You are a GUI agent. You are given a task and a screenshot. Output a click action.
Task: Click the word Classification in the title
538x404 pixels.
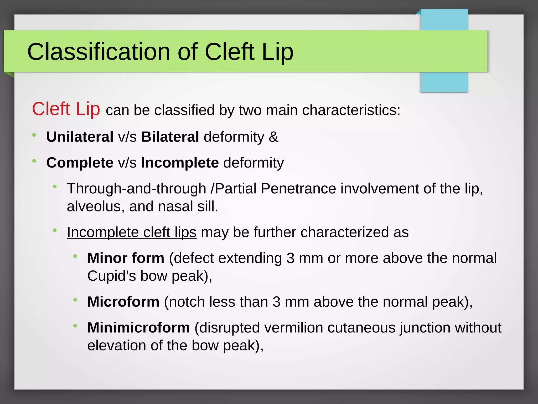tap(99, 52)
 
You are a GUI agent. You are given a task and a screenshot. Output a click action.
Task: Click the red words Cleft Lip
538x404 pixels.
tap(66, 109)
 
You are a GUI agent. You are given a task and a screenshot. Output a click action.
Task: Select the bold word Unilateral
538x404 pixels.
tap(80, 137)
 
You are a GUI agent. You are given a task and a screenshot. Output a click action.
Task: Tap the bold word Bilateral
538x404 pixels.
tap(170, 137)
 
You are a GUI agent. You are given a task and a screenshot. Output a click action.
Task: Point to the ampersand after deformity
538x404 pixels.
tap(273, 137)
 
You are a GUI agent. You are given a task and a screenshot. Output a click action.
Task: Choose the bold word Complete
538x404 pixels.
tap(80, 163)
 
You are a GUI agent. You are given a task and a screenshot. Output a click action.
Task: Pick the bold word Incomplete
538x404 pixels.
tap(180, 163)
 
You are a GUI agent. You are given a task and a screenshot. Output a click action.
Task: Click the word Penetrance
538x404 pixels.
tap(298, 189)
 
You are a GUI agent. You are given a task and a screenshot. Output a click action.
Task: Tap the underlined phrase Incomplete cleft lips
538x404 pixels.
tap(132, 232)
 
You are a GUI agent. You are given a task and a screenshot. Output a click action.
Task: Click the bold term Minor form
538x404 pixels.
tap(126, 258)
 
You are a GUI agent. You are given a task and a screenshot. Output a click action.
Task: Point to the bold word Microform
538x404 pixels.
tap(123, 302)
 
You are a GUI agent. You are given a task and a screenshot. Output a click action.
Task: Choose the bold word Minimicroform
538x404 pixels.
tap(138, 328)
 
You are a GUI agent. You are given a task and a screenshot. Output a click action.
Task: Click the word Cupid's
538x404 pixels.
tap(111, 276)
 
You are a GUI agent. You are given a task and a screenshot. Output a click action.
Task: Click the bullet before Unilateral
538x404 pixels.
tap(34, 135)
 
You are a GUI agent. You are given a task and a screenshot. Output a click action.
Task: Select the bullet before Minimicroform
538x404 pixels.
tap(75, 326)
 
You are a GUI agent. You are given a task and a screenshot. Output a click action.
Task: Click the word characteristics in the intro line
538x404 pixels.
tap(351, 110)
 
